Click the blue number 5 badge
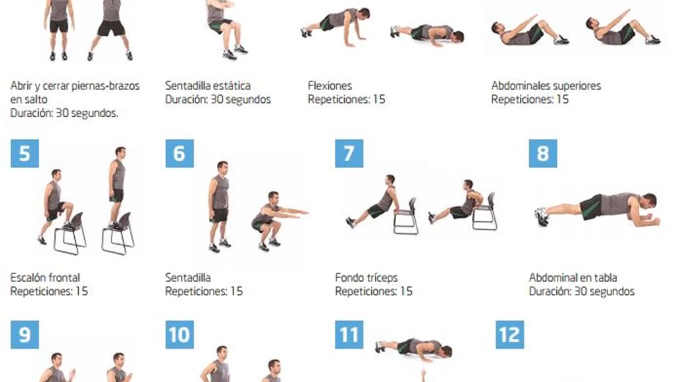click(x=25, y=153)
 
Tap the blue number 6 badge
click(x=180, y=153)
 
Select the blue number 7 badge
click(x=349, y=153)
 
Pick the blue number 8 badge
click(x=543, y=153)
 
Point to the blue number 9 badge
click(x=25, y=334)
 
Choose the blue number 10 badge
click(x=180, y=334)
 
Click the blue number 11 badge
click(x=349, y=334)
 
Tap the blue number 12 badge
click(x=510, y=334)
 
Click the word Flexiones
click(x=330, y=86)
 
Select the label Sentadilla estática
click(x=208, y=86)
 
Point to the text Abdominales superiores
click(x=546, y=86)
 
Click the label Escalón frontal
click(x=45, y=277)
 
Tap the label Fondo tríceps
click(x=366, y=277)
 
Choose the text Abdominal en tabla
click(x=573, y=277)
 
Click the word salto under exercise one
click(x=36, y=99)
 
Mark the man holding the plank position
click(x=597, y=209)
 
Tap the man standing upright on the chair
click(x=117, y=187)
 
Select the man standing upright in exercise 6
click(x=219, y=206)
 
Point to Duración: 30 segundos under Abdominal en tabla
click(x=582, y=291)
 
